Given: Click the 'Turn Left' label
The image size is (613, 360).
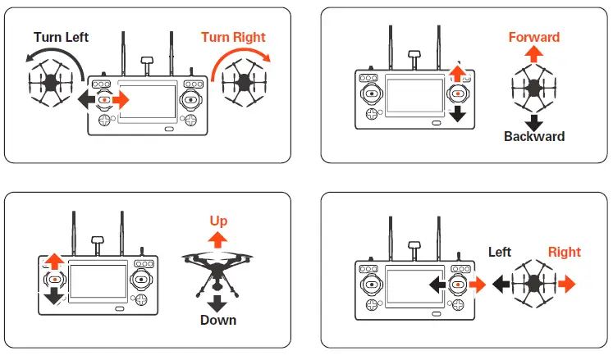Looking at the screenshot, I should click(61, 37).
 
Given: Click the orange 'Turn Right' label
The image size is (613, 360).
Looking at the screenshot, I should click(233, 37).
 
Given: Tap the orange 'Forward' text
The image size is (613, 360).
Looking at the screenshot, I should click(533, 37).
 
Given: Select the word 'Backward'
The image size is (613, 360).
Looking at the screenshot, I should click(534, 136).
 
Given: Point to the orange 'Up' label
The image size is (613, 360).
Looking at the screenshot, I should click(218, 221).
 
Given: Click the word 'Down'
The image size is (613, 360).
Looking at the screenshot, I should click(218, 320).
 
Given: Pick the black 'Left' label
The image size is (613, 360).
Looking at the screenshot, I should click(500, 252).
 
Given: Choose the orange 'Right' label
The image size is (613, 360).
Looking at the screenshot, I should click(564, 252).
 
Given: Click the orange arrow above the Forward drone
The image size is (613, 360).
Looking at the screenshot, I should click(534, 55).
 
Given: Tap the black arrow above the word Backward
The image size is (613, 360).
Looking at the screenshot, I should click(534, 121).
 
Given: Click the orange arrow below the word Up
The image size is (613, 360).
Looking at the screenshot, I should click(218, 239).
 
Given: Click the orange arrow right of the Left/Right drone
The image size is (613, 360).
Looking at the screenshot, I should click(566, 283).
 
